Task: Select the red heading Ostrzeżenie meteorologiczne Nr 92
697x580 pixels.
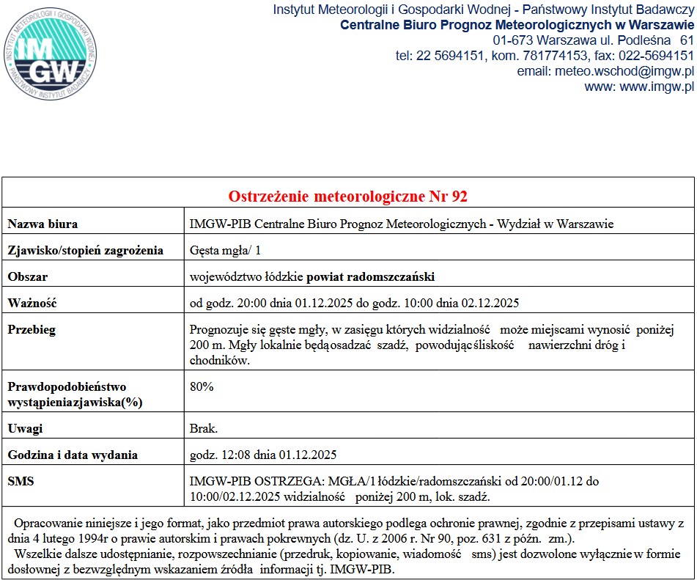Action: pyautogui.click(x=348, y=197)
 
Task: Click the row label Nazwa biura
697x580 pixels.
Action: pyautogui.click(x=43, y=224)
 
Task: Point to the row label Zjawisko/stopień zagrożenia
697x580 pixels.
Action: pyautogui.click(x=85, y=250)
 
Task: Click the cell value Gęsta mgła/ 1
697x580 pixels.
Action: pyautogui.click(x=225, y=250)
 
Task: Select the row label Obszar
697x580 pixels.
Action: pyautogui.click(x=28, y=276)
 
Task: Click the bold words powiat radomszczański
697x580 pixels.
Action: pyautogui.click(x=370, y=276)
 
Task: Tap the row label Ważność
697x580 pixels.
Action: pyautogui.click(x=32, y=303)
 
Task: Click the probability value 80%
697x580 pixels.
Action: pyautogui.click(x=202, y=386)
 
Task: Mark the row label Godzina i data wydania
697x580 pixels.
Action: pyautogui.click(x=73, y=455)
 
